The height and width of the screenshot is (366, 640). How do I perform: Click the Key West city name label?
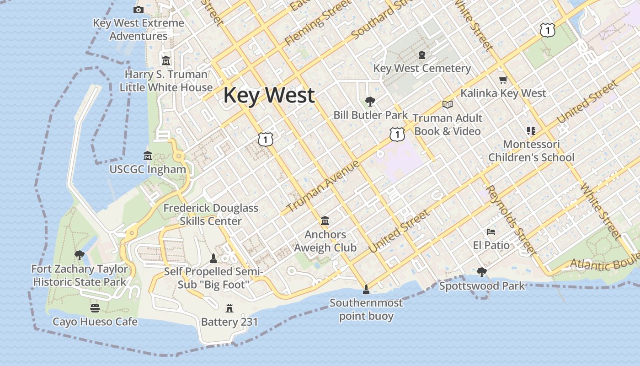tap(269, 95)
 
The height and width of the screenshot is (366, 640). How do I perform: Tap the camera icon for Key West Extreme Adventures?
tap(139, 10)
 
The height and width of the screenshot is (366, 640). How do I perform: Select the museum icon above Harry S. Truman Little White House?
tap(165, 60)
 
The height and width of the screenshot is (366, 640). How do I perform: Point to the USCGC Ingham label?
tap(148, 169)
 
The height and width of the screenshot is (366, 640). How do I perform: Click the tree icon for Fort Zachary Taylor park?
tap(80, 255)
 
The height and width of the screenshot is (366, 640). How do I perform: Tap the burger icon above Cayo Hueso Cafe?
tap(95, 308)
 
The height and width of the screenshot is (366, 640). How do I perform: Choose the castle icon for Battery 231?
tap(229, 308)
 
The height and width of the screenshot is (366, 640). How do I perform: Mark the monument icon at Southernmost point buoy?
tap(366, 289)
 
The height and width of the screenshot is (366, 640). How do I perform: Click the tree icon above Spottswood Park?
tap(481, 272)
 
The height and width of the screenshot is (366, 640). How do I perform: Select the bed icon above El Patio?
tap(491, 231)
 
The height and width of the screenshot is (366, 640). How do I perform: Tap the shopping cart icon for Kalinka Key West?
tap(503, 80)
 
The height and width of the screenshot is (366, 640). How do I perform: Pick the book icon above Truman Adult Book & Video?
tap(448, 104)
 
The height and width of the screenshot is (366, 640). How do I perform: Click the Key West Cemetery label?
tap(422, 69)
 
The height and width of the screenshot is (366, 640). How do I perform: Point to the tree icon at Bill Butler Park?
tap(370, 101)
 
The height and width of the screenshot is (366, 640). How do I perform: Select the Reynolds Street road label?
tap(511, 220)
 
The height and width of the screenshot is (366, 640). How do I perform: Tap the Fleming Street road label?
tap(312, 24)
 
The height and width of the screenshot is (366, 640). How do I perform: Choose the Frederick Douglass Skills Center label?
tap(211, 215)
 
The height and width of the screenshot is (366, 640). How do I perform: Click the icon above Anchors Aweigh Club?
tap(325, 221)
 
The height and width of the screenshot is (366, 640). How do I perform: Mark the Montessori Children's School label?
tap(531, 151)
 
